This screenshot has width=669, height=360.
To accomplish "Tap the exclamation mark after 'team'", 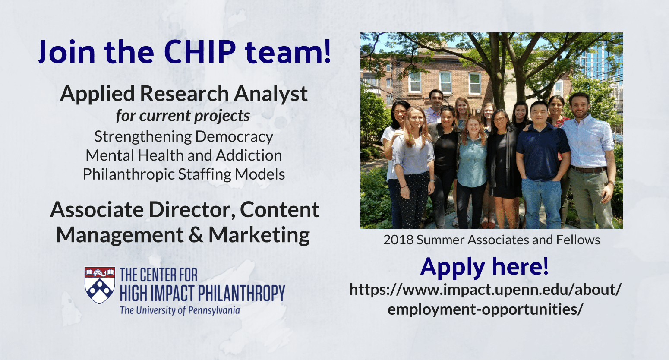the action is tap(327, 51).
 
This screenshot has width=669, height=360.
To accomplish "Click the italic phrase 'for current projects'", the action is tap(183, 116).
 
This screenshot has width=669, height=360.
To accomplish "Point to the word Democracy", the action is tap(234, 137).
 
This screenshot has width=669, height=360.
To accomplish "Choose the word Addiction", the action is tap(249, 155).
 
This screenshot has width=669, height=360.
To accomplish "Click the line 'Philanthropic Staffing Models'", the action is tap(184, 174).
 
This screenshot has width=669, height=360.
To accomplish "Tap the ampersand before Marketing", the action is tap(196, 235).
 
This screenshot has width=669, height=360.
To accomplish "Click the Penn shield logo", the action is tap(100, 285).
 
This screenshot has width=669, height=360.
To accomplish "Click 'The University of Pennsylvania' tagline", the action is tap(180, 310).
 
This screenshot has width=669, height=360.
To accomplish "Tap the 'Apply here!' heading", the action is tap(484, 266).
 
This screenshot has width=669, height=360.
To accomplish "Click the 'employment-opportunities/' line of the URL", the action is tap(485, 309).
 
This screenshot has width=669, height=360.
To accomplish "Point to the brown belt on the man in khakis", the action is tap(587, 170).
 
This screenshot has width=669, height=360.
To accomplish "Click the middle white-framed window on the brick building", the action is tap(445, 82).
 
